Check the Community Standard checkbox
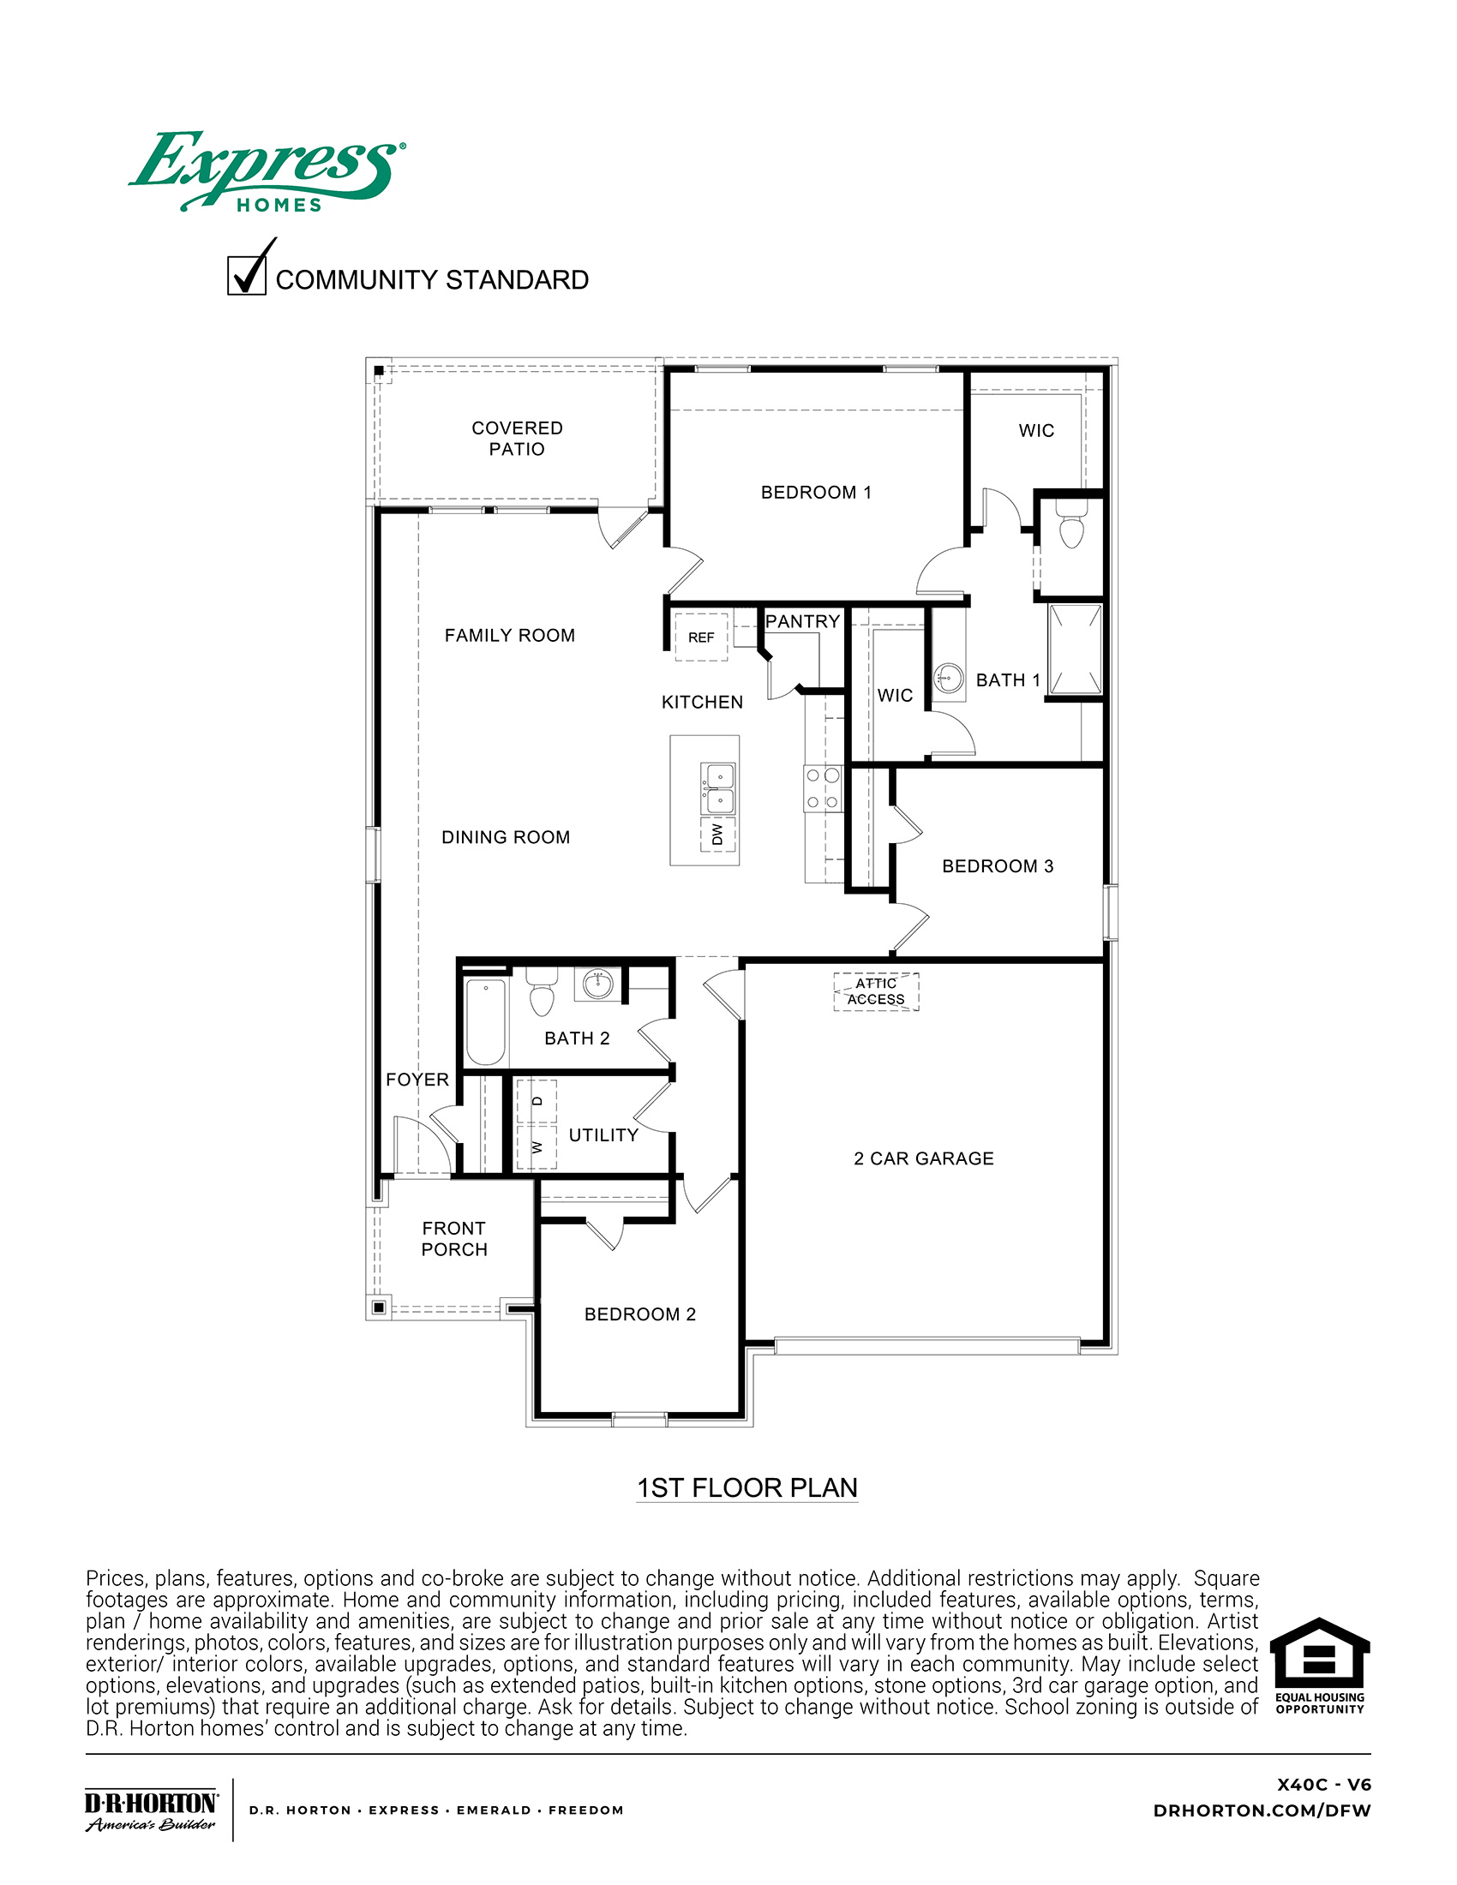click(247, 276)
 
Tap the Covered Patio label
click(516, 439)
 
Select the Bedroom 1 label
click(816, 493)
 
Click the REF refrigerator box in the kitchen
click(701, 637)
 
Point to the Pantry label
click(802, 621)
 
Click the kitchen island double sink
click(718, 789)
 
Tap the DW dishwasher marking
click(717, 834)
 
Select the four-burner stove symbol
click(822, 789)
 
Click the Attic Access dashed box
click(876, 991)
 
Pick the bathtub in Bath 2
click(485, 1021)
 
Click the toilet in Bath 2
click(541, 994)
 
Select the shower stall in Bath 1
click(1076, 649)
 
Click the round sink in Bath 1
click(949, 678)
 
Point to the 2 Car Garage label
click(924, 1158)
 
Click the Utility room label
click(603, 1135)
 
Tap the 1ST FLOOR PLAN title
click(746, 1488)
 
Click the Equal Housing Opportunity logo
click(1320, 1666)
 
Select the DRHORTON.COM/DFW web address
click(1261, 1810)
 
